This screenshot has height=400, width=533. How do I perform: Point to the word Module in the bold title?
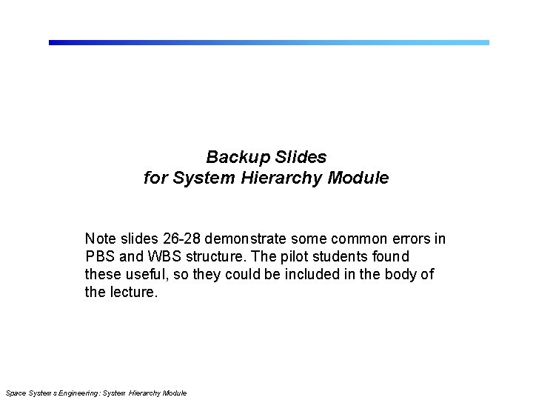click(x=362, y=179)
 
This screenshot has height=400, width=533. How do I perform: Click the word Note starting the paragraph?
click(x=100, y=239)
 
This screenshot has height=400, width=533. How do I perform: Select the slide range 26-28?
click(x=178, y=239)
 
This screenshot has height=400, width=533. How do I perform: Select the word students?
click(x=338, y=256)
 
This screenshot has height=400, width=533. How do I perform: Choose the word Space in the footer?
click(x=15, y=392)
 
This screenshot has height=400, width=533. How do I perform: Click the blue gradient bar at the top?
click(x=269, y=42)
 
